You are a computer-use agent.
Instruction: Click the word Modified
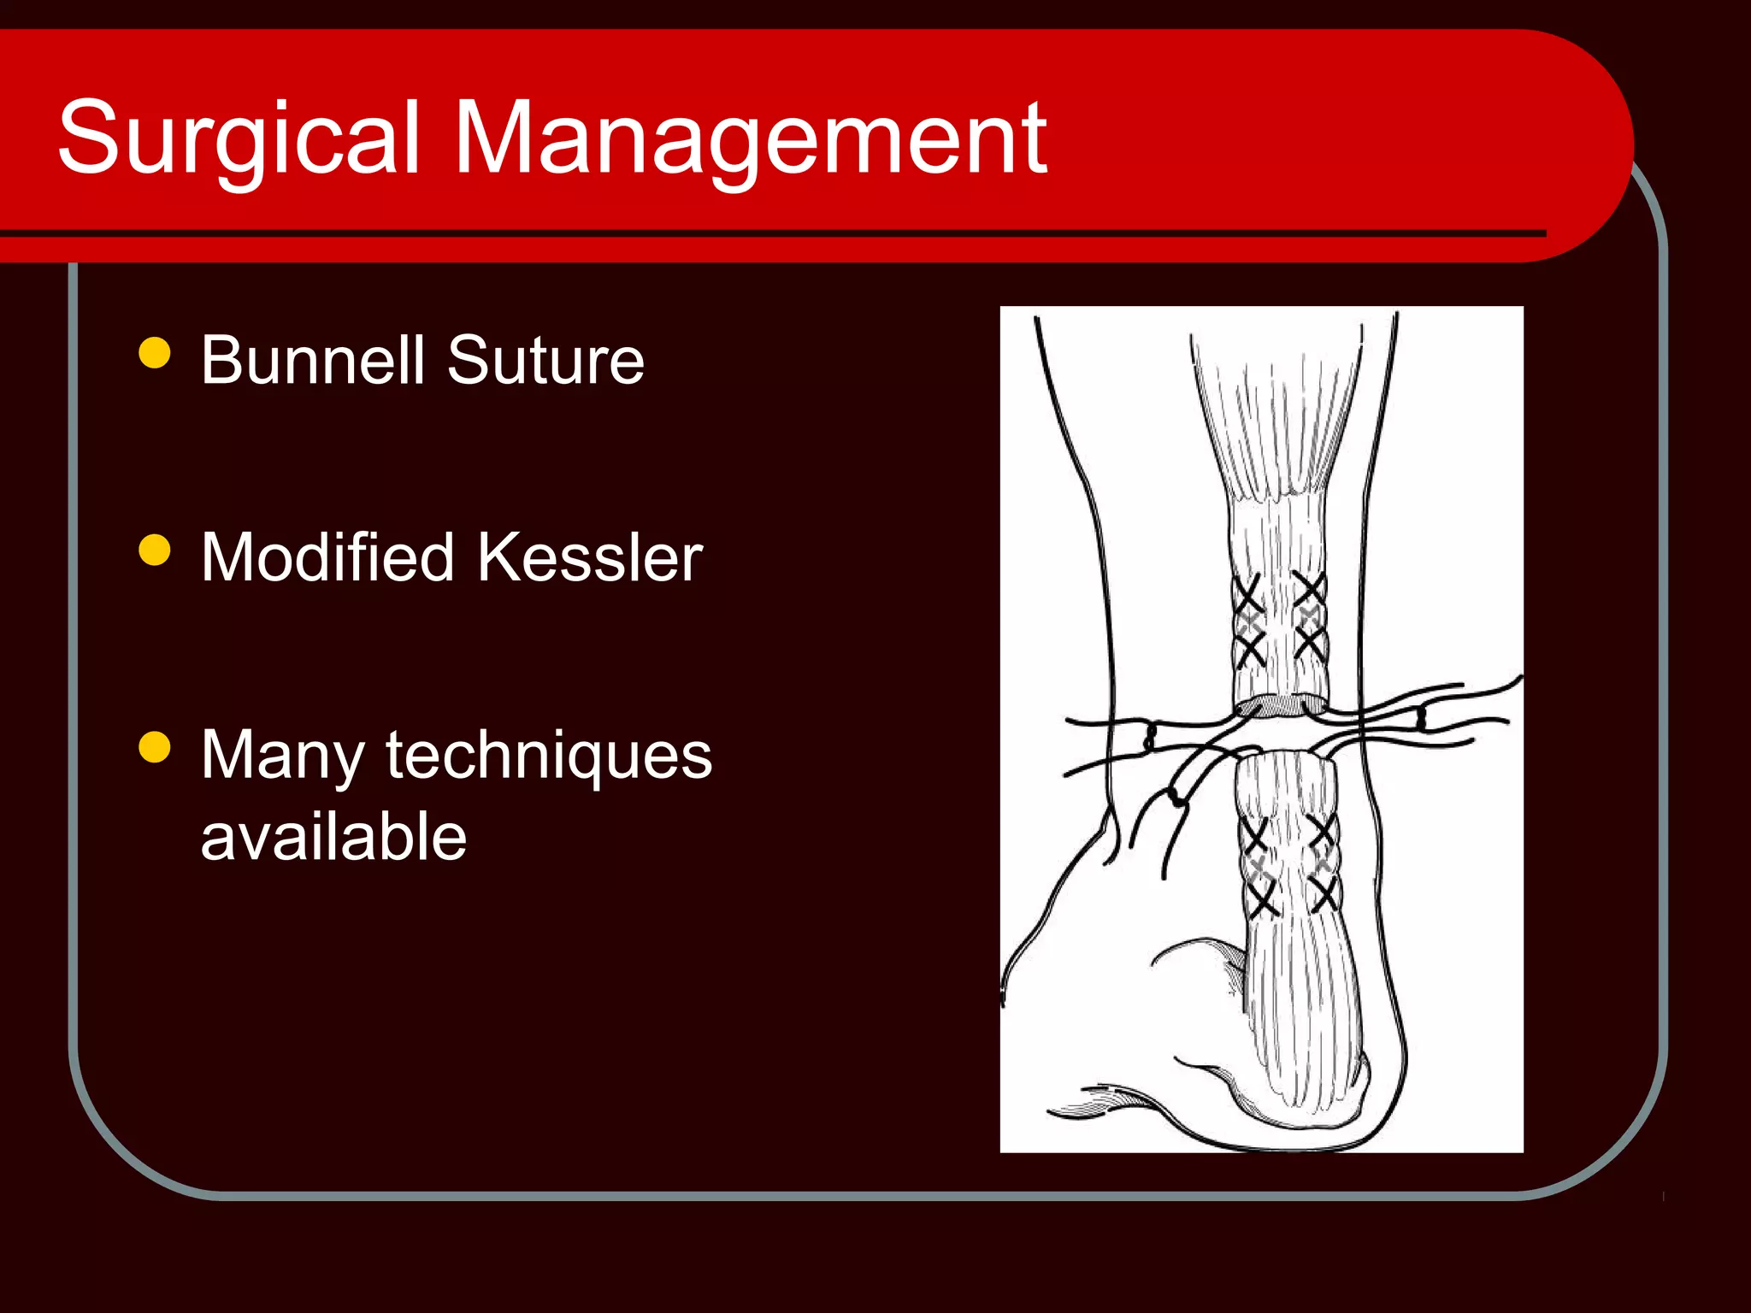click(327, 557)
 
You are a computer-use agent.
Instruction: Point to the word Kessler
click(590, 557)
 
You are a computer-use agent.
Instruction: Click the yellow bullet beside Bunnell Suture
click(155, 352)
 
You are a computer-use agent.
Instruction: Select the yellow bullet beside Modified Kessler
click(155, 550)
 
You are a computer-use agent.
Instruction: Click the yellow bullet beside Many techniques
click(155, 746)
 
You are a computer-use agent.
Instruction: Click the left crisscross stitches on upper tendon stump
click(1248, 622)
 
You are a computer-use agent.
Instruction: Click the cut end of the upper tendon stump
click(1280, 705)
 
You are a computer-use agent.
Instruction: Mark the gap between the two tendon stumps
click(1282, 732)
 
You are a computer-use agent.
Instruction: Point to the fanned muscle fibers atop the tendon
click(1276, 419)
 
